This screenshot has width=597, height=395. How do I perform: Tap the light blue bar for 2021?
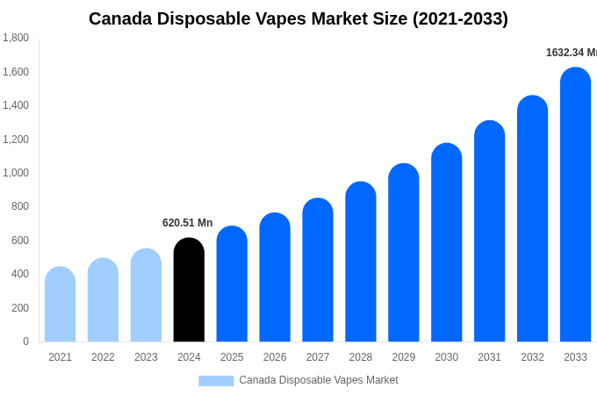pos(60,305)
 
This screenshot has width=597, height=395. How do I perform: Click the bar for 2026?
pos(275,277)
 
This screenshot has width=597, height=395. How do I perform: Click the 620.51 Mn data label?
pos(187,223)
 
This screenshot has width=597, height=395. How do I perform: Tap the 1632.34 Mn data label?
pos(571,53)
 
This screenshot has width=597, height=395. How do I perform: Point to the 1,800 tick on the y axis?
pos(16,38)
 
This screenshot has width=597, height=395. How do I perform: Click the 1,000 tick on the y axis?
pos(16,173)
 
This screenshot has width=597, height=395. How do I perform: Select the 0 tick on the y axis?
pos(25,341)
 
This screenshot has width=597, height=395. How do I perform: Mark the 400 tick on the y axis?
pos(19,274)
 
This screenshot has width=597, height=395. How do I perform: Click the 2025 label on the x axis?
pos(232,357)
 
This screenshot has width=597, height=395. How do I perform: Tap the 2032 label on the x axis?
pos(532,357)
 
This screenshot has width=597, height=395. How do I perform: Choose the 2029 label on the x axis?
pos(404,357)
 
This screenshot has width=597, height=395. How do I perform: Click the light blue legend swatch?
pos(216,381)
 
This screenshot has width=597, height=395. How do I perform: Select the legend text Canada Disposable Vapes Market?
pos(318,380)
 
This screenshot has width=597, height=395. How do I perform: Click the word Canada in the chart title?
pos(119,18)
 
